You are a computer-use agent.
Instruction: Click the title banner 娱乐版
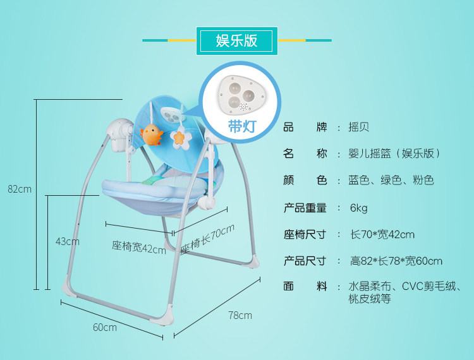tap(236, 40)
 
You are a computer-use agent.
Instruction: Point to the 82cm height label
tap(19, 189)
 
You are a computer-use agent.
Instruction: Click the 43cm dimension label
tap(67, 241)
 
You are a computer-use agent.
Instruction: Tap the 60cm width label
tap(105, 327)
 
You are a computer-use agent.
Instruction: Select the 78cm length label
tap(240, 315)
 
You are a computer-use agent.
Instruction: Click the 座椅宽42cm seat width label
tap(138, 247)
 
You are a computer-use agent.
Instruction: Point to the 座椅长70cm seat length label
tap(207, 240)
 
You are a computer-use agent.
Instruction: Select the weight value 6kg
tap(358, 208)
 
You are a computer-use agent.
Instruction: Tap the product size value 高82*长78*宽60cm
tap(396, 261)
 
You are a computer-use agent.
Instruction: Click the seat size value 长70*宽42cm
tap(382, 234)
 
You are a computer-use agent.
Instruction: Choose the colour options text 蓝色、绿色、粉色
tap(391, 181)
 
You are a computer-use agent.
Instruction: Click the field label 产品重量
tap(305, 208)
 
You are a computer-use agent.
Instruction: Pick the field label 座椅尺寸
tap(305, 234)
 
